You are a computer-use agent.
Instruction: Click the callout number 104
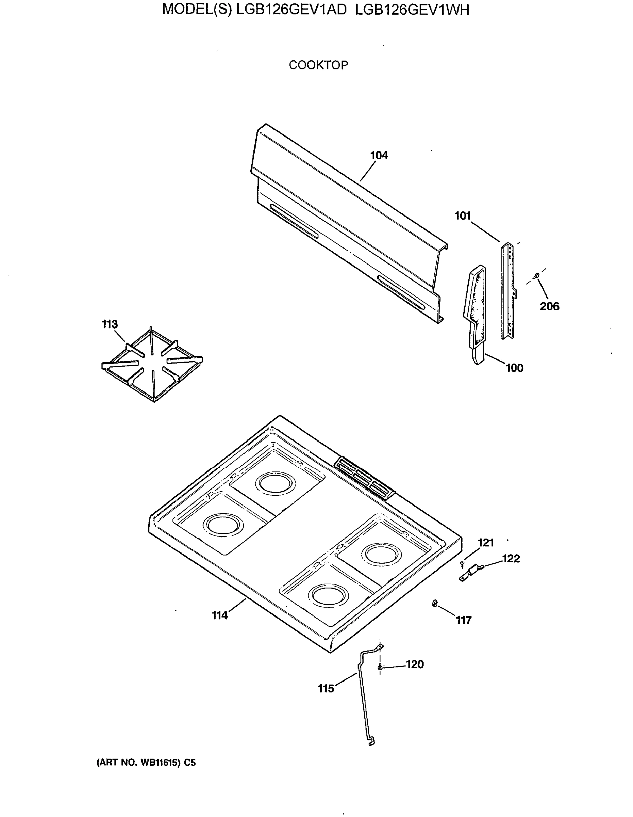pyautogui.click(x=379, y=155)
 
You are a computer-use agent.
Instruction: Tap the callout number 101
pyautogui.click(x=463, y=216)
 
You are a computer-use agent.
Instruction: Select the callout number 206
pyautogui.click(x=549, y=306)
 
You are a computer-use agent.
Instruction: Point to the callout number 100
pyautogui.click(x=515, y=368)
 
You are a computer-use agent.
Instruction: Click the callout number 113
pyautogui.click(x=110, y=324)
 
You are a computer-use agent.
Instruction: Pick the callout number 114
pyautogui.click(x=220, y=615)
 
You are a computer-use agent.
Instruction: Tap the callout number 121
pyautogui.click(x=486, y=543)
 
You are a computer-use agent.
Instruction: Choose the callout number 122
pyautogui.click(x=511, y=559)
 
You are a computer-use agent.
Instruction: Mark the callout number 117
pyautogui.click(x=464, y=620)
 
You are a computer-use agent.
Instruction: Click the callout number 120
pyautogui.click(x=415, y=664)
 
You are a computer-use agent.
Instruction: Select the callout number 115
pyautogui.click(x=326, y=689)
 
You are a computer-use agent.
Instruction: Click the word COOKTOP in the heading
pyautogui.click(x=318, y=65)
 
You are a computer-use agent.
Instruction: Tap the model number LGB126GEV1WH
pyautogui.click(x=412, y=10)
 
